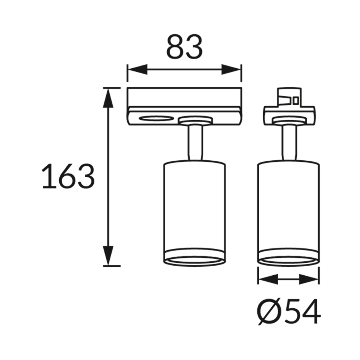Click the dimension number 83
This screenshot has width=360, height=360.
tap(184, 46)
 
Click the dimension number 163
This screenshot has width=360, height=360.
tap(68, 176)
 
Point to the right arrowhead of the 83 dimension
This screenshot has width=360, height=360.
tap(231, 69)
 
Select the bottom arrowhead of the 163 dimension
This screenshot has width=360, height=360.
tap(108, 256)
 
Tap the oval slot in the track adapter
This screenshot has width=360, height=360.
tap(157, 118)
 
